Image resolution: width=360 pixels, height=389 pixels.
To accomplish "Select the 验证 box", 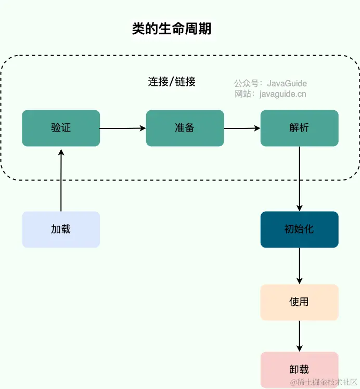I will pos(61,128).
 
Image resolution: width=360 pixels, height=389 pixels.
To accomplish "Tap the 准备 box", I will pos(185,128).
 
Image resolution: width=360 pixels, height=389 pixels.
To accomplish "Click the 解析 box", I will pos(299,128).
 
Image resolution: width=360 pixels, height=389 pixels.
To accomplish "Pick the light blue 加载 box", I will pos(61,229).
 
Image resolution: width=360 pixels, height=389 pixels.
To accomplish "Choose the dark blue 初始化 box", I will pos(299,229).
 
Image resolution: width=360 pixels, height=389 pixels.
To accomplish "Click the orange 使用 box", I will pos(299,302).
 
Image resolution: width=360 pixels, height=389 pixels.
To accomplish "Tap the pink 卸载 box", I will pos(299,370).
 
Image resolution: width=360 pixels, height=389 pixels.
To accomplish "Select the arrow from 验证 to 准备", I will pos(123,128).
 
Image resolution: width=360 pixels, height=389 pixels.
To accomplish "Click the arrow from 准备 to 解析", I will pos(242,128).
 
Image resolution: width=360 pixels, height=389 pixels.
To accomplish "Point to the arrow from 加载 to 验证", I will pos(61,179).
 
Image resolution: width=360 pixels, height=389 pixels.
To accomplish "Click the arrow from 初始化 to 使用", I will pos(300,266).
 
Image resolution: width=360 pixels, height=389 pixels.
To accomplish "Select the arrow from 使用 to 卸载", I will pos(300,336).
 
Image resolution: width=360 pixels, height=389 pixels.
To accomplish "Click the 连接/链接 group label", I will pos(172,82).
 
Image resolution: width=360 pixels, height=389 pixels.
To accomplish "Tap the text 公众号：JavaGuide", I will pos(270,83).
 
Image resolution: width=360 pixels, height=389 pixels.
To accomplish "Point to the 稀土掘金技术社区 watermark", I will pos(323,382).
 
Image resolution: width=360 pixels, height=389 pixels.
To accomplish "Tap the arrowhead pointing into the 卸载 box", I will pos(300,348).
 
